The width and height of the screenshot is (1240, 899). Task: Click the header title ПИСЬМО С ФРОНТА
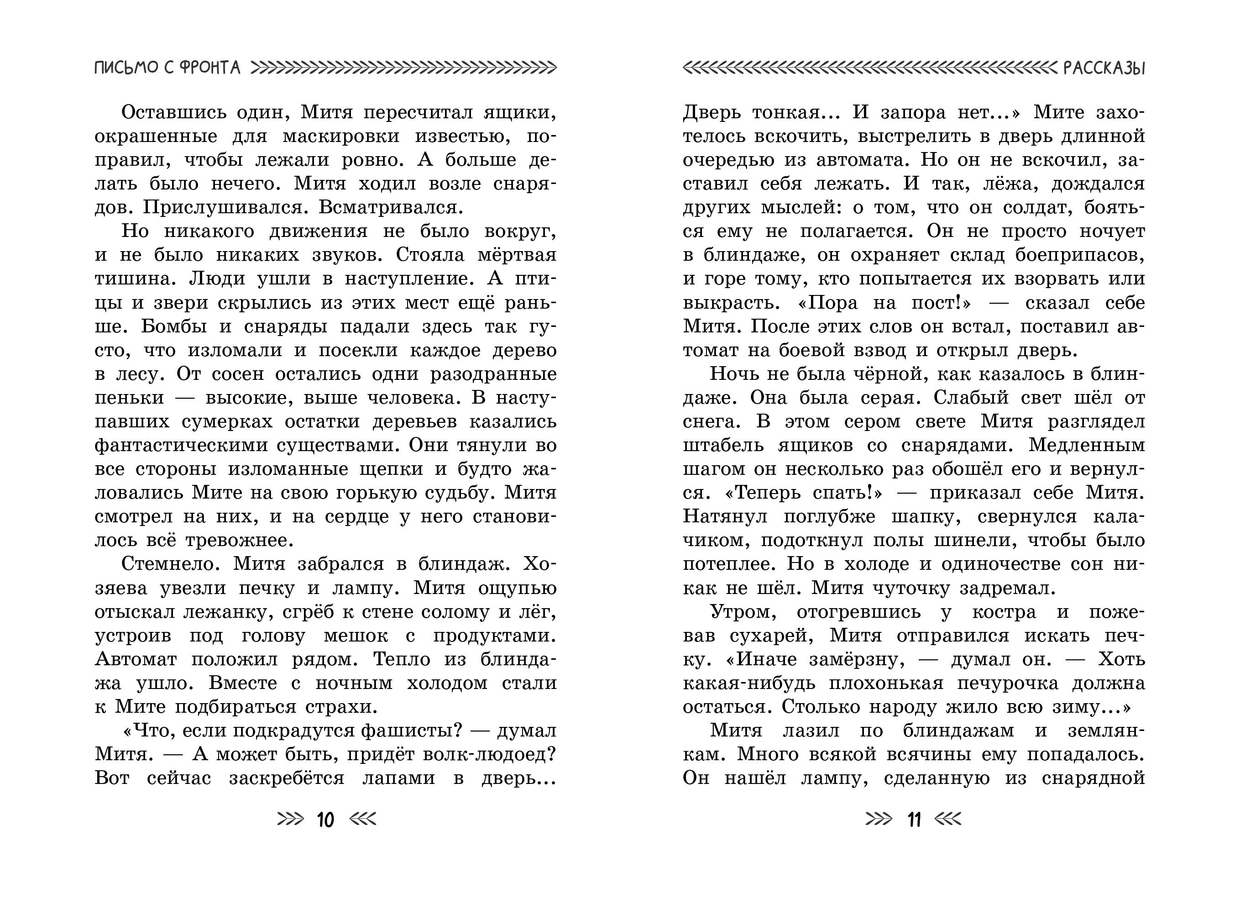(x=167, y=68)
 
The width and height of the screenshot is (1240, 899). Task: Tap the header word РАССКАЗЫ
(x=1104, y=68)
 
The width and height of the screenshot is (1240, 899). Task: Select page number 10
(x=325, y=820)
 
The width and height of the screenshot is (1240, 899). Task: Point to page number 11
(x=914, y=820)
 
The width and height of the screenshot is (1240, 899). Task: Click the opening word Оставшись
(x=173, y=112)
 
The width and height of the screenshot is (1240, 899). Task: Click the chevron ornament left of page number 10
(x=290, y=819)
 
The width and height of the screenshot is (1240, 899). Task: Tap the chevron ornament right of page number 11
(x=948, y=819)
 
